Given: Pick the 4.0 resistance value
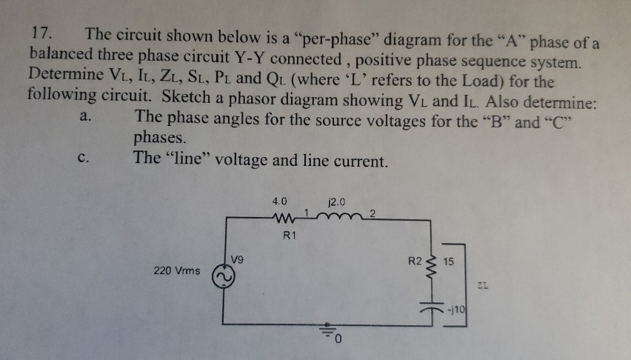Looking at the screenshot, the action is (281, 201).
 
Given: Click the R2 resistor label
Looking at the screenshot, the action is (416, 261).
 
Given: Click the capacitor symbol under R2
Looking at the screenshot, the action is (433, 303).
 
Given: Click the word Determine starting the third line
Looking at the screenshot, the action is (62, 76).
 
